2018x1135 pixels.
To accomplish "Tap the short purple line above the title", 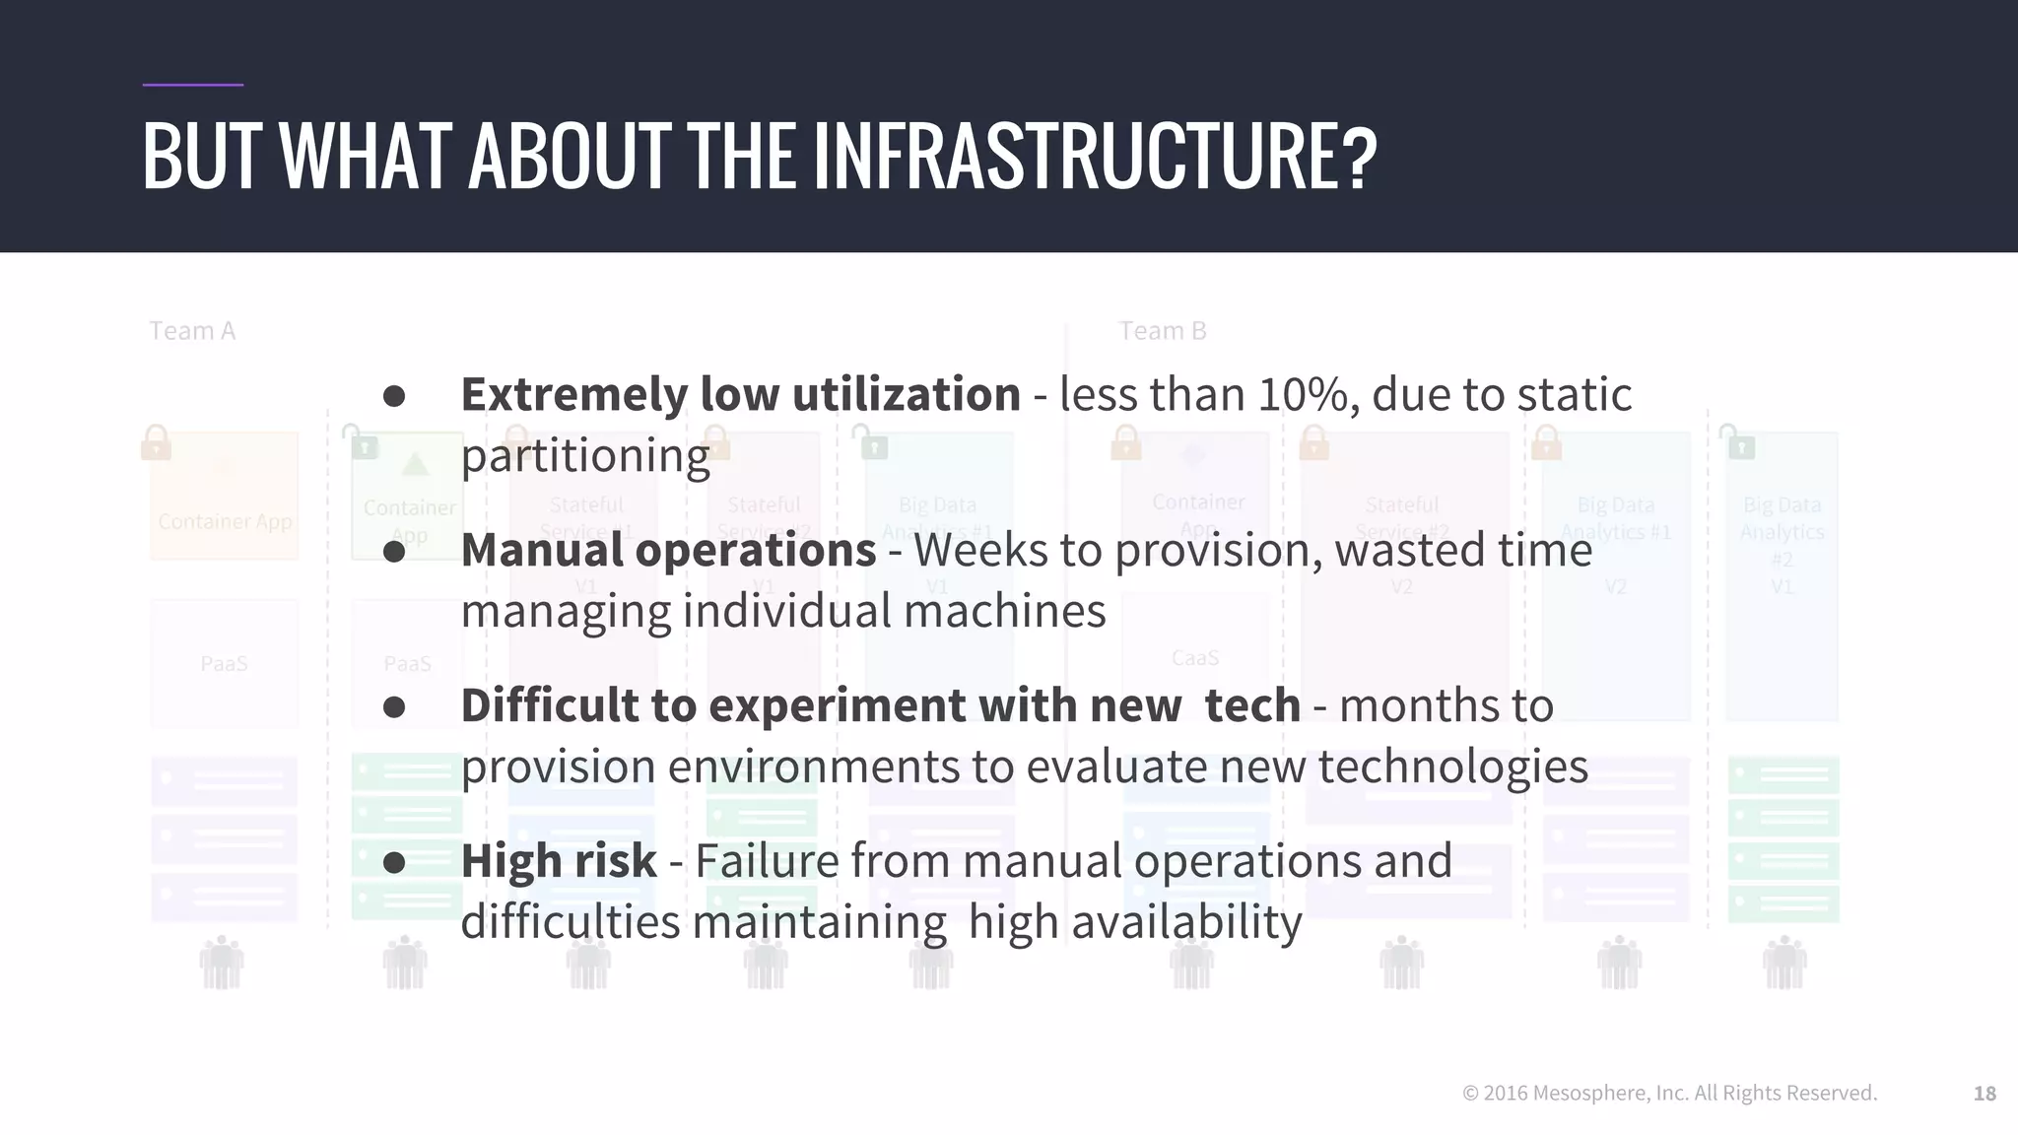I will point(192,85).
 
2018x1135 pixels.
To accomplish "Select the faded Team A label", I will point(192,331).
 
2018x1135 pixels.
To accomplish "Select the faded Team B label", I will point(1162,331).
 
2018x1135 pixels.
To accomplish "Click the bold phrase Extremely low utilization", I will point(740,395).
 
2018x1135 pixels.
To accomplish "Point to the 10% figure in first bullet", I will point(1302,395).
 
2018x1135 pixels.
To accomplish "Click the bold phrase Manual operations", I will point(668,550).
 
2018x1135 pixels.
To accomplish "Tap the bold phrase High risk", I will point(558,860).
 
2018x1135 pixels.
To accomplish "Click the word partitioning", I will point(585,456).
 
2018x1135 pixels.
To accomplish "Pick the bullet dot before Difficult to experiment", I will point(394,706).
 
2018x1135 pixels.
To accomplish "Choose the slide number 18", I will point(1984,1094).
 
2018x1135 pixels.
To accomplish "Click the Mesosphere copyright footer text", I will point(1669,1093).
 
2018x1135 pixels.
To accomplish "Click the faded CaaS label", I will point(1194,658).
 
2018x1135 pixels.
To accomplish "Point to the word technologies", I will point(1452,767).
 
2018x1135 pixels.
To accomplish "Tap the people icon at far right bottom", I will point(1783,963).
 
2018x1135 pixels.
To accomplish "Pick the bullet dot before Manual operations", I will point(394,552).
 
